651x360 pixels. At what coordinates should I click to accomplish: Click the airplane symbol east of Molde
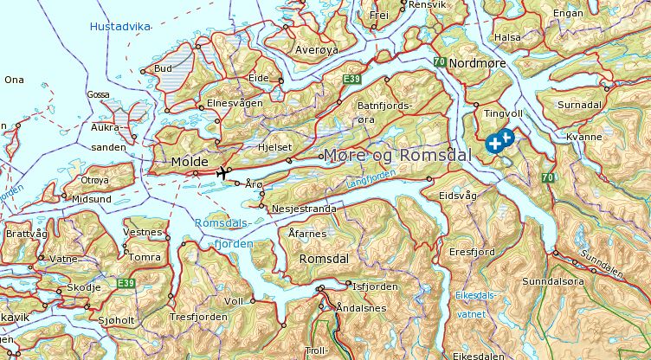pos(223,173)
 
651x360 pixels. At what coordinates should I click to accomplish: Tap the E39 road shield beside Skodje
pos(126,283)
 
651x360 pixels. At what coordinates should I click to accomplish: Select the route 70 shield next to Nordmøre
pos(440,62)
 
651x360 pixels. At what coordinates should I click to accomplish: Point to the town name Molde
pos(189,162)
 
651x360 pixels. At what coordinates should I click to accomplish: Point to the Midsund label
pos(92,198)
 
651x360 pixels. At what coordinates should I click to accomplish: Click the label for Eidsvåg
pos(458,196)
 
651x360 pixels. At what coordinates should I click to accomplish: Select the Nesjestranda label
pos(303,209)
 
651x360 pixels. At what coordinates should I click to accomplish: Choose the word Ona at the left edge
pos(14,80)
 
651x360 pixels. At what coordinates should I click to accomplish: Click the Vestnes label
pos(143,232)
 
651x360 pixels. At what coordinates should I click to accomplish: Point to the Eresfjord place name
pos(472,252)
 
